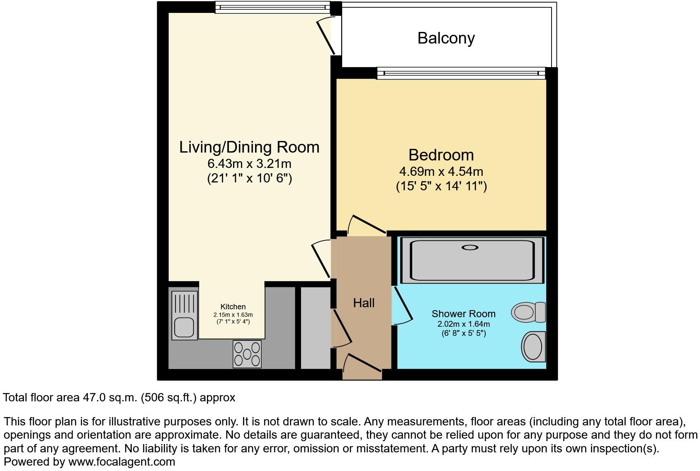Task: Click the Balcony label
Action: pyautogui.click(x=446, y=38)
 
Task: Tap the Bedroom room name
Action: pyautogui.click(x=441, y=155)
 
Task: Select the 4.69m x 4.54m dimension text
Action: pyautogui.click(x=441, y=171)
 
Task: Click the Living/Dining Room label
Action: pyautogui.click(x=249, y=147)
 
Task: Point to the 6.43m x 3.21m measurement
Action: pyautogui.click(x=249, y=163)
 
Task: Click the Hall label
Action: pyautogui.click(x=364, y=303)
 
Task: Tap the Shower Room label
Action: pyautogui.click(x=463, y=314)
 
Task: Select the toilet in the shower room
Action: pyautogui.click(x=529, y=312)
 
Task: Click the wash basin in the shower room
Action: pyautogui.click(x=533, y=347)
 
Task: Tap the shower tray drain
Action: pyautogui.click(x=470, y=248)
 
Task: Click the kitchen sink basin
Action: pyautogui.click(x=183, y=327)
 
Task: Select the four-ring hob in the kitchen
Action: pyautogui.click(x=247, y=354)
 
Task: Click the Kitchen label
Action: pyautogui.click(x=233, y=307)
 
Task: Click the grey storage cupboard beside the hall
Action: pyautogui.click(x=315, y=328)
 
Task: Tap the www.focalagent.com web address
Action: pyautogui.click(x=122, y=461)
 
